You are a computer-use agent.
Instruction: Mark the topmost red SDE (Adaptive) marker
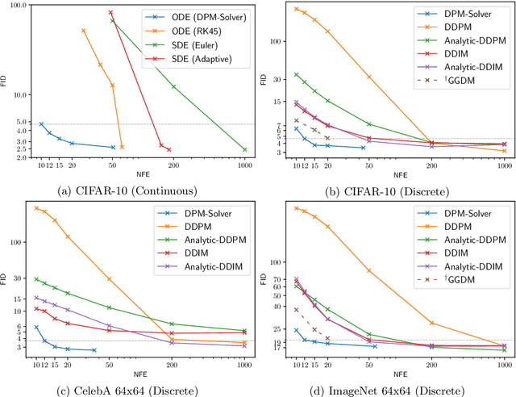point(110,13)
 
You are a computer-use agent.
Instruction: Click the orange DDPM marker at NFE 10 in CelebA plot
point(36,208)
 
